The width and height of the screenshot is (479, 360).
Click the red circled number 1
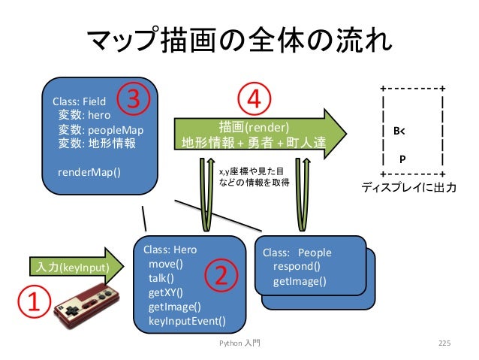34,301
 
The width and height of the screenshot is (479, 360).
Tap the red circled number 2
221,276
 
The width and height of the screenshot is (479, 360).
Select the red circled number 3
133,98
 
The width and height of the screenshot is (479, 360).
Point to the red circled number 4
255,98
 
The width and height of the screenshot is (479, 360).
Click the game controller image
87,306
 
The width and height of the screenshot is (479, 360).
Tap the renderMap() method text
89,172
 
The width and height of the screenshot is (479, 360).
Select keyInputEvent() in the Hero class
187,321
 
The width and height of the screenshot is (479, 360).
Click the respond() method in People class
297,266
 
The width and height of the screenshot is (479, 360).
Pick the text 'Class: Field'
79,101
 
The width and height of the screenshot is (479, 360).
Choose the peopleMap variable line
101,130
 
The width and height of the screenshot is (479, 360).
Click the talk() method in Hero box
161,278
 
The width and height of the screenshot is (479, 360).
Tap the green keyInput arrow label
72,268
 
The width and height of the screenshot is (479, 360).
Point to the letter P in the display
402,159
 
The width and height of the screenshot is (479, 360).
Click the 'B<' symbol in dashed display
399,132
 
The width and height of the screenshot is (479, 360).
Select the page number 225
444,343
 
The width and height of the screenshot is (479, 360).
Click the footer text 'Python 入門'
239,343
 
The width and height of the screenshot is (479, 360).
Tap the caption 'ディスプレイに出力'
408,187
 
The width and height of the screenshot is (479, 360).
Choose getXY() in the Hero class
166,292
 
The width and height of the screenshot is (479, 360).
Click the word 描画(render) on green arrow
254,127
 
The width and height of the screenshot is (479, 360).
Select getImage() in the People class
300,281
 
